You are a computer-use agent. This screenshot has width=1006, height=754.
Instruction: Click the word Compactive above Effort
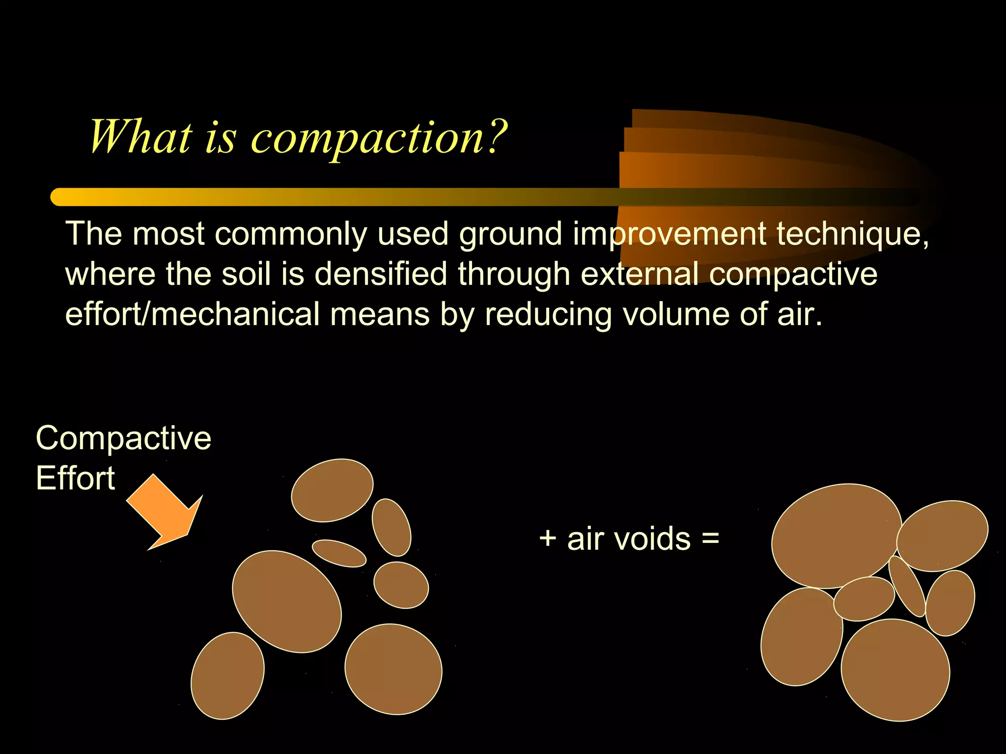click(x=123, y=438)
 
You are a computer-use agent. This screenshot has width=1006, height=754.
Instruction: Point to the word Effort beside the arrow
click(x=75, y=479)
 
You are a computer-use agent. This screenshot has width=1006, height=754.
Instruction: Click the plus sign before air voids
click(x=548, y=539)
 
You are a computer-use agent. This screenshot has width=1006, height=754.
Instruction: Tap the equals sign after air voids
click(x=710, y=539)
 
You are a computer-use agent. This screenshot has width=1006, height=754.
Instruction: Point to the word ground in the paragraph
click(x=510, y=235)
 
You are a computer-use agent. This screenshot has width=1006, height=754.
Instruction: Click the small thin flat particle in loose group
click(x=339, y=553)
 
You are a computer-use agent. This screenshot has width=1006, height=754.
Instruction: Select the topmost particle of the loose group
click(x=332, y=490)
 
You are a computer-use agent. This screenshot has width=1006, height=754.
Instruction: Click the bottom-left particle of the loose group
click(x=227, y=675)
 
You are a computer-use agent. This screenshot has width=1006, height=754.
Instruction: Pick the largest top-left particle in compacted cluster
click(x=836, y=536)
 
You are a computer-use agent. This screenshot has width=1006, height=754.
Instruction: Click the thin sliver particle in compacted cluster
click(x=907, y=586)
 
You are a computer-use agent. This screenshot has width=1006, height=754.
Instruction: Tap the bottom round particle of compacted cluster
click(x=895, y=670)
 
